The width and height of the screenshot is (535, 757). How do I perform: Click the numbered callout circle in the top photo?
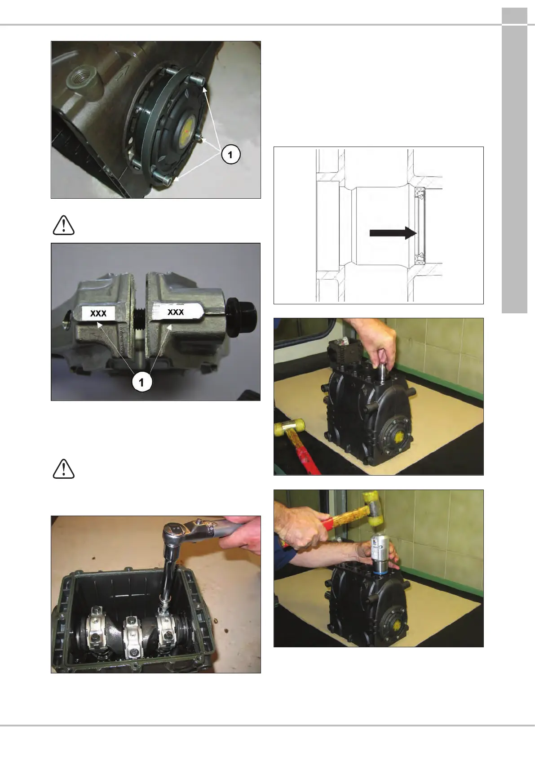[230, 155]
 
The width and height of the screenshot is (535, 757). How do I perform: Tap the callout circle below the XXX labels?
[141, 382]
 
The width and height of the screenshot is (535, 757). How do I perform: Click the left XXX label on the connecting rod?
[99, 313]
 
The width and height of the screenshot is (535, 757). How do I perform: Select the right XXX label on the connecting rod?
[176, 311]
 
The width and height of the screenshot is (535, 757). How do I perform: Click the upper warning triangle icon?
[63, 225]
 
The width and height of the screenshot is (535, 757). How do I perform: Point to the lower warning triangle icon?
[63, 469]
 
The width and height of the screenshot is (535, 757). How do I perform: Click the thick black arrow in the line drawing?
[393, 233]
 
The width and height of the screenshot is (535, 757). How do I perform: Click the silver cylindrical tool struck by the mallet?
[382, 553]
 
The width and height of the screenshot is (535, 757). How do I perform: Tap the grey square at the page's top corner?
[514, 16]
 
